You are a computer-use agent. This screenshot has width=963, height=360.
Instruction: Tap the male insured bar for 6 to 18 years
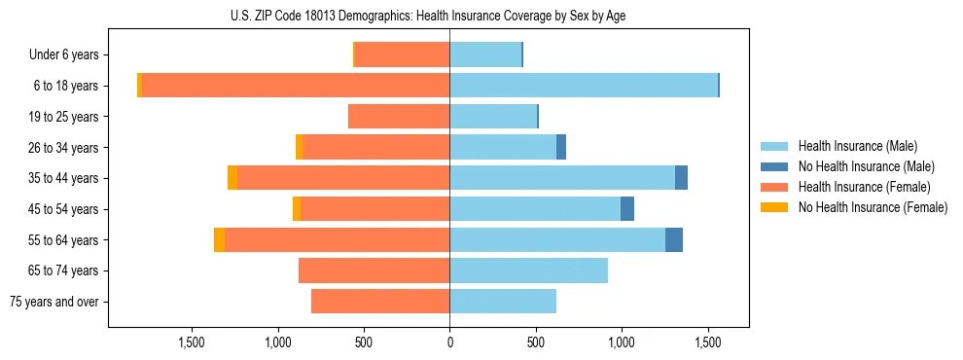584,86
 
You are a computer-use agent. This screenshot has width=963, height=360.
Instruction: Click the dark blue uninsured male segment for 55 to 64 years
673,239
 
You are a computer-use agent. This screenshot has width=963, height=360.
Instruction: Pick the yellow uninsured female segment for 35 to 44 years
232,178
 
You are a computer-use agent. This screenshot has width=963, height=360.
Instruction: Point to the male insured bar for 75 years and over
503,302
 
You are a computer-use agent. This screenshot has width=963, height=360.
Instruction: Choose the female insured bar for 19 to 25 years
399,117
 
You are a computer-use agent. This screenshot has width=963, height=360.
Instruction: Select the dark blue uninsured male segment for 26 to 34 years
561,147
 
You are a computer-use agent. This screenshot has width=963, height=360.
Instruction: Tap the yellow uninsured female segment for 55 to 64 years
219,239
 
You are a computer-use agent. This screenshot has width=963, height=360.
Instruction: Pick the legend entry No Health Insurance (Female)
873,207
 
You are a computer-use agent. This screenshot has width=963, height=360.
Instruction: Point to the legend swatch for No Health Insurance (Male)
775,166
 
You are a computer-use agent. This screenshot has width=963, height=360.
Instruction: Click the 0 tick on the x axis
449,342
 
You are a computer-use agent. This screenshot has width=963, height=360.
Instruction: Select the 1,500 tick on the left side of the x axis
192,342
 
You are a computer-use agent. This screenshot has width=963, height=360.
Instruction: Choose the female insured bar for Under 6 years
403,55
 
